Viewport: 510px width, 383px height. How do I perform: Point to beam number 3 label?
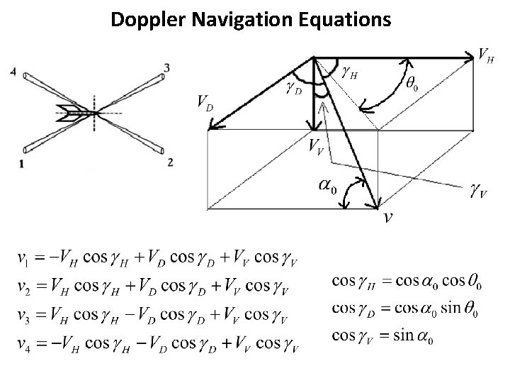coord(166,68)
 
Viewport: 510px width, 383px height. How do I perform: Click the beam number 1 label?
coord(23,164)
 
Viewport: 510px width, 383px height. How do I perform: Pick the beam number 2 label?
coord(171,162)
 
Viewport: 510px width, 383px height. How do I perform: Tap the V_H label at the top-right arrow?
coord(486,55)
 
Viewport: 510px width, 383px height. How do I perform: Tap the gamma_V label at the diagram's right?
coord(478,191)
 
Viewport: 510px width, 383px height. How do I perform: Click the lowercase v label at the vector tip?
coord(387,216)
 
